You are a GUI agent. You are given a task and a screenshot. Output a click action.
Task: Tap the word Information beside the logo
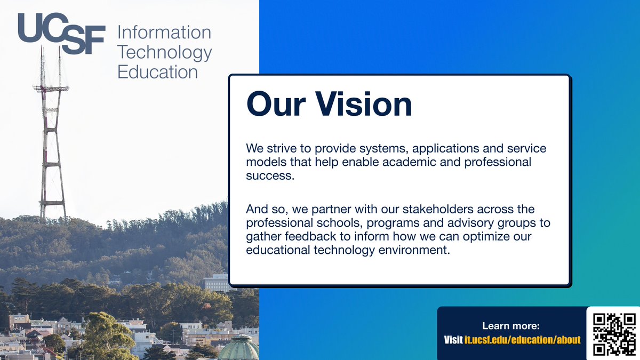[164, 33]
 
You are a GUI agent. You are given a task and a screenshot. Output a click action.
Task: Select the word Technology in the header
[164, 52]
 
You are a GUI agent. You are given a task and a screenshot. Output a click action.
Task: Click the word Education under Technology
[157, 71]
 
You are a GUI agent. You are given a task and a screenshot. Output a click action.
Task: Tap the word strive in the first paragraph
[282, 148]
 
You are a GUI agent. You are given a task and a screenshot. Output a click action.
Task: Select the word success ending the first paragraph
[270, 176]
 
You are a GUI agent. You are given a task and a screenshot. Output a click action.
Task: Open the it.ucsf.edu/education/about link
[522, 340]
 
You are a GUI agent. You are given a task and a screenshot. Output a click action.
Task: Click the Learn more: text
[511, 326]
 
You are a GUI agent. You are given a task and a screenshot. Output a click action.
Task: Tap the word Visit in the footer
[453, 340]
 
